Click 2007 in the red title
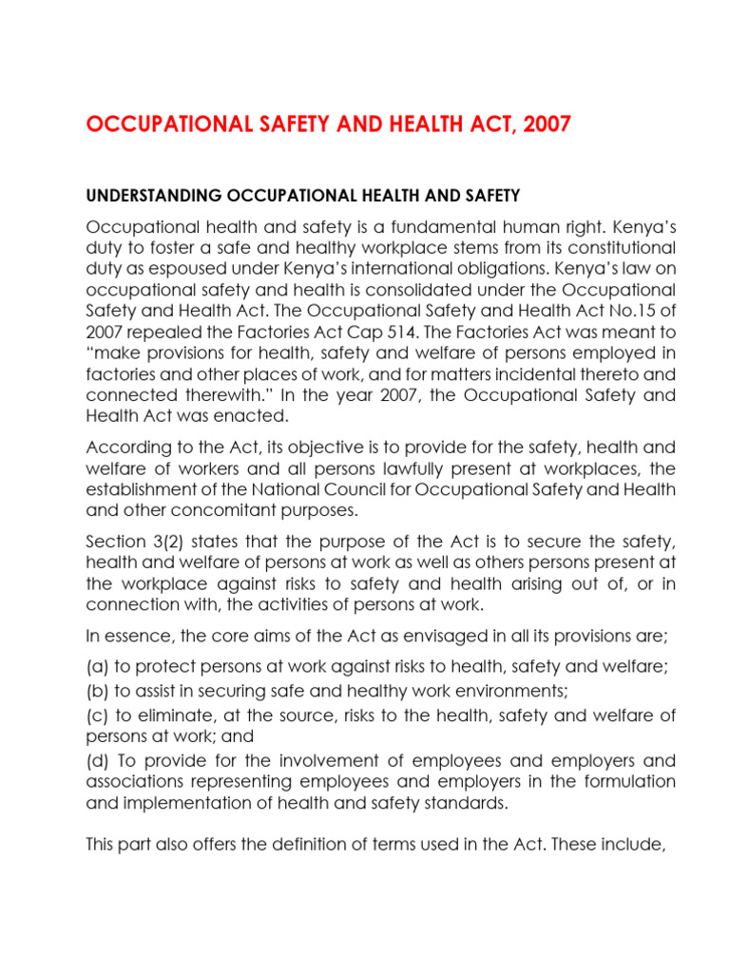(544, 125)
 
